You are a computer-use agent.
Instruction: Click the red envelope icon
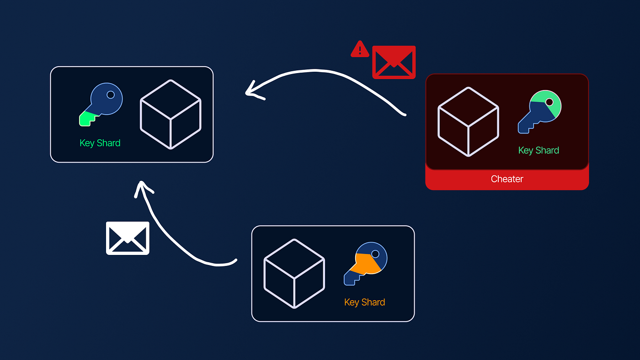[x=394, y=62]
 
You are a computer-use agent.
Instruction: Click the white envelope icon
[x=128, y=238]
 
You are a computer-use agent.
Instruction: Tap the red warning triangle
[x=360, y=50]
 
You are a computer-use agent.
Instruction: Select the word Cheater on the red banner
[x=507, y=179]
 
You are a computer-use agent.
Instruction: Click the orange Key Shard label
[x=364, y=302]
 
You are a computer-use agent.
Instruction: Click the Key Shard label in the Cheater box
[x=538, y=150]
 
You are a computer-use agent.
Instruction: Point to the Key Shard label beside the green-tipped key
[x=100, y=143]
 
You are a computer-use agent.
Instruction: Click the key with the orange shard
[x=366, y=263]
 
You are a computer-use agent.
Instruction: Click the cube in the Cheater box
[x=468, y=122]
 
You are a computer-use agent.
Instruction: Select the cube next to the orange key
[x=294, y=273]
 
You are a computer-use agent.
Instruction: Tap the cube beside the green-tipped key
[x=171, y=114]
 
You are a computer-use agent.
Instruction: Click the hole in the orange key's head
[x=375, y=254]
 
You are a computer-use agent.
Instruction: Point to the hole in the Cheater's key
[x=549, y=102]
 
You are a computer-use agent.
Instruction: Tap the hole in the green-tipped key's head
[x=110, y=95]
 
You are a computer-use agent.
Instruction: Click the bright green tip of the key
[x=86, y=119]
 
